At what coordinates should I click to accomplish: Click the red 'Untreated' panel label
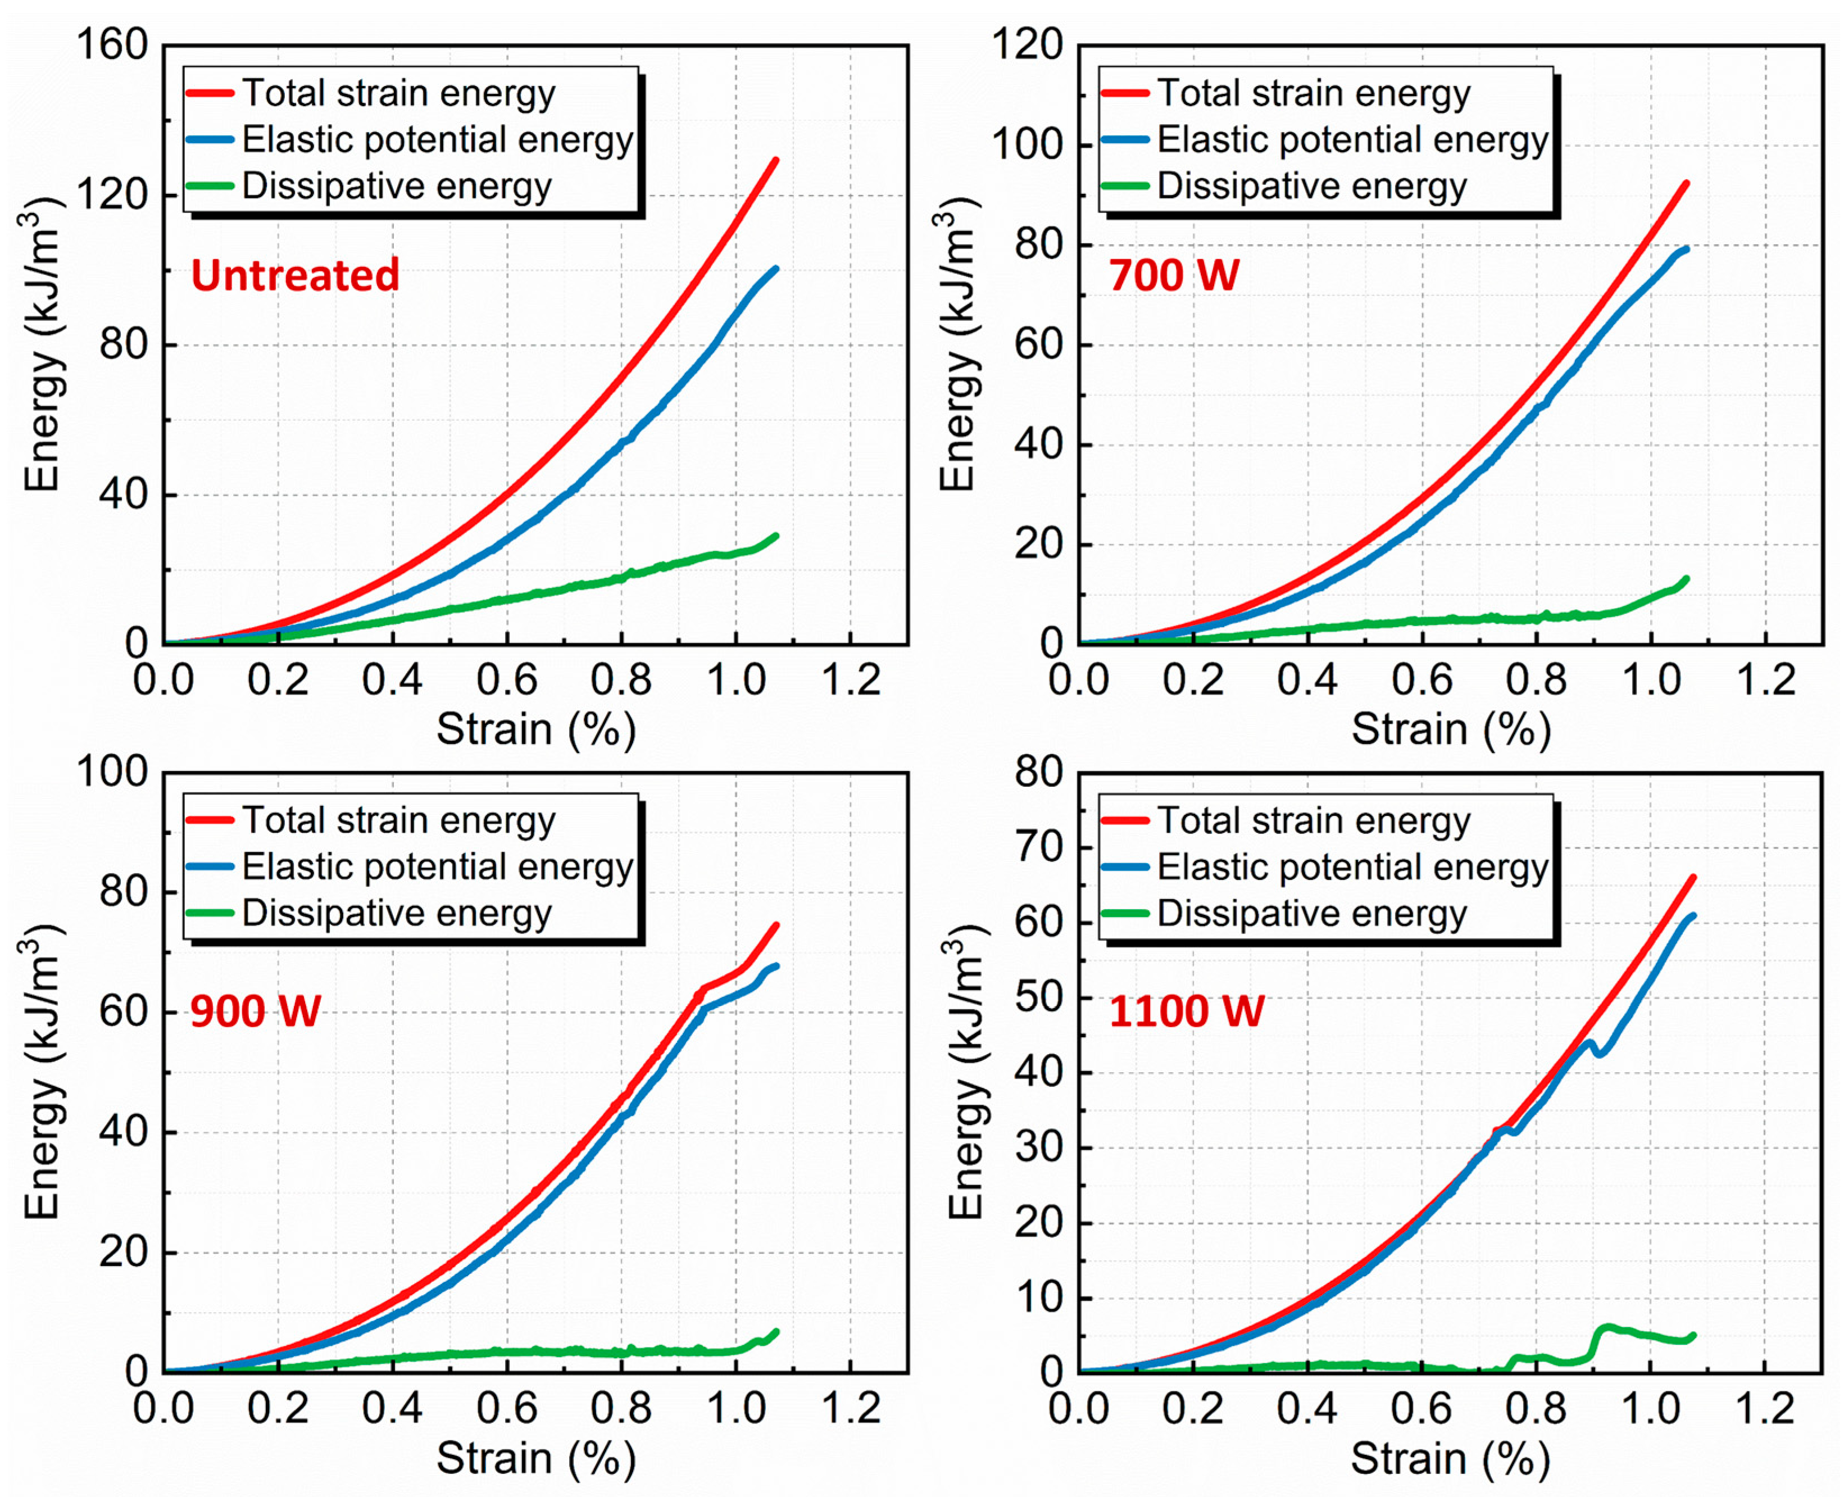(295, 276)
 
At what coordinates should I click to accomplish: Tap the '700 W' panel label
(1174, 276)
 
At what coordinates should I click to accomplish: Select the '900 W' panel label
(255, 1011)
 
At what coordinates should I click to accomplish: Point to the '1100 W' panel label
(1186, 1011)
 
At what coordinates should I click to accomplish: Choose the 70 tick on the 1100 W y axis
(1039, 847)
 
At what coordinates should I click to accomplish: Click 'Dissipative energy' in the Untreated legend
(397, 186)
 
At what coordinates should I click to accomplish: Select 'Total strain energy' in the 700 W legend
(1313, 93)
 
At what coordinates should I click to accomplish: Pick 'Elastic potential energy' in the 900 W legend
(437, 867)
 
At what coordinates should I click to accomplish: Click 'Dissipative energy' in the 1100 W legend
(1311, 913)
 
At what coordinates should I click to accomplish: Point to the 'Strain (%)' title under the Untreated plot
(535, 729)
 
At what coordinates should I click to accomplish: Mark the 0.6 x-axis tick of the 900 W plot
(507, 1409)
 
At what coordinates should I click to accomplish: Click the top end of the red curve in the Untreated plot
(776, 160)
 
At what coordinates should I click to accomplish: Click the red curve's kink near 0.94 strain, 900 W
(703, 990)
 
